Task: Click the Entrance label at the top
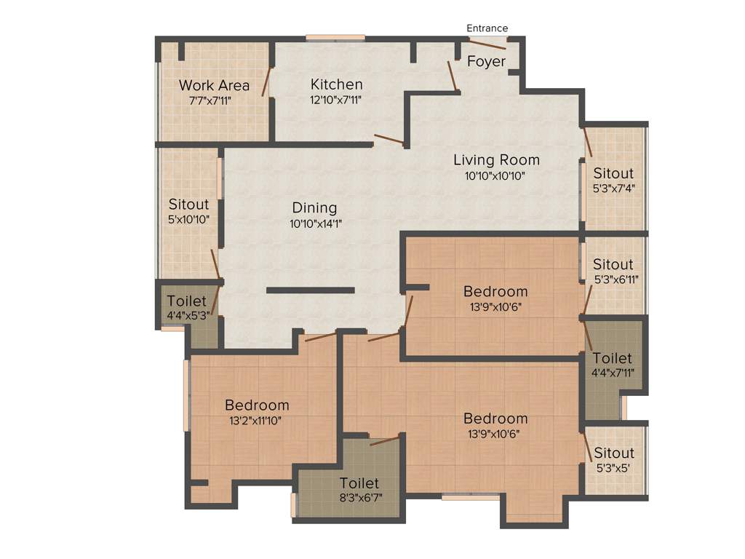coord(487,28)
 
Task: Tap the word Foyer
coord(486,62)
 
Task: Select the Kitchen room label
coord(336,84)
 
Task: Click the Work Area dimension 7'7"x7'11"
coord(214,100)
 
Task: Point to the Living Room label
coord(496,160)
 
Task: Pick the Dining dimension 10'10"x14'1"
coord(315,224)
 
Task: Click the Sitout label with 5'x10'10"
coord(188,205)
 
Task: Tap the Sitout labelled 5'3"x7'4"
coord(613,174)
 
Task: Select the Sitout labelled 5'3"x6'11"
coord(613,264)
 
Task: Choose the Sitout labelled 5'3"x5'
coord(613,453)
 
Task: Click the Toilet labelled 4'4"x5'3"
coord(186,301)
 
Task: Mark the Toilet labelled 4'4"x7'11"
coord(613,359)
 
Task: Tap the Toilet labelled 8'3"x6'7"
coord(359,483)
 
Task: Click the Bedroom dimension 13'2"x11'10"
coord(256,421)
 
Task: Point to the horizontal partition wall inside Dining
coord(310,290)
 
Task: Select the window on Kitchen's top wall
coord(335,38)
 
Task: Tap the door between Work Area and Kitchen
coord(268,82)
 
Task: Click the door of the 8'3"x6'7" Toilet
coord(385,440)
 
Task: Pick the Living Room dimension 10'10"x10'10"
coord(496,176)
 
